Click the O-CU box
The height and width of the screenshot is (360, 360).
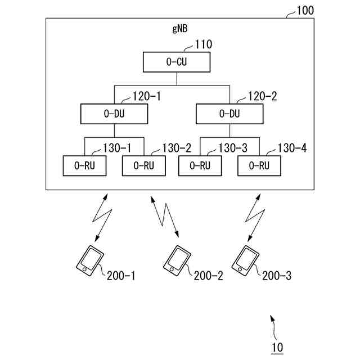tap(177, 62)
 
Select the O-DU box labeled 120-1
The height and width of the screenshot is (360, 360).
tap(114, 114)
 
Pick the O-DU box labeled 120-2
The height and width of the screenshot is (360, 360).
tap(228, 114)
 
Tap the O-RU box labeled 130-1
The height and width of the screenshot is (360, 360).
tap(84, 165)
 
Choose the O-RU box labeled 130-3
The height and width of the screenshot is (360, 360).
tap(200, 165)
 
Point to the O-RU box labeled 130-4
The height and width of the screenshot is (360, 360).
tap(259, 165)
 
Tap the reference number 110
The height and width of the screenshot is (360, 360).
tap(204, 43)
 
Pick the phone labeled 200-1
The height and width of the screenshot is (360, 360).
tap(90, 260)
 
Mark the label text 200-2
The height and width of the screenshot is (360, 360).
tap(208, 276)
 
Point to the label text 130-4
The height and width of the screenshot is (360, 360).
tap(292, 148)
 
